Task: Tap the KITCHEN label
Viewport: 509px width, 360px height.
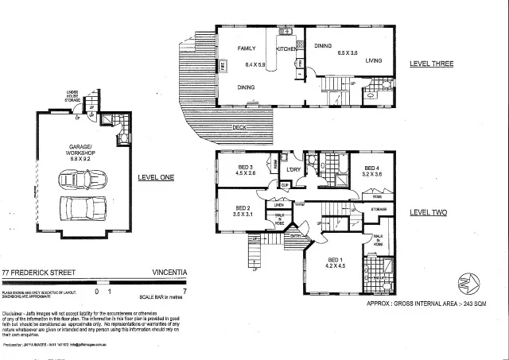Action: [286, 49]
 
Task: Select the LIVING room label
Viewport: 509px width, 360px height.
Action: [375, 60]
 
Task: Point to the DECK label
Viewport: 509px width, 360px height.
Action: [239, 127]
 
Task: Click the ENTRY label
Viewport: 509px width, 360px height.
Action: [295, 236]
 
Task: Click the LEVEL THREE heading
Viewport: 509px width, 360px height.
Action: [430, 64]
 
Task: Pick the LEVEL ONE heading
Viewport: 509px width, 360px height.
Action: [155, 178]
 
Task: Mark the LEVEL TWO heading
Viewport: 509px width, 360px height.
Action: [429, 213]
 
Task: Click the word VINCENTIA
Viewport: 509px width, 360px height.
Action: [169, 272]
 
